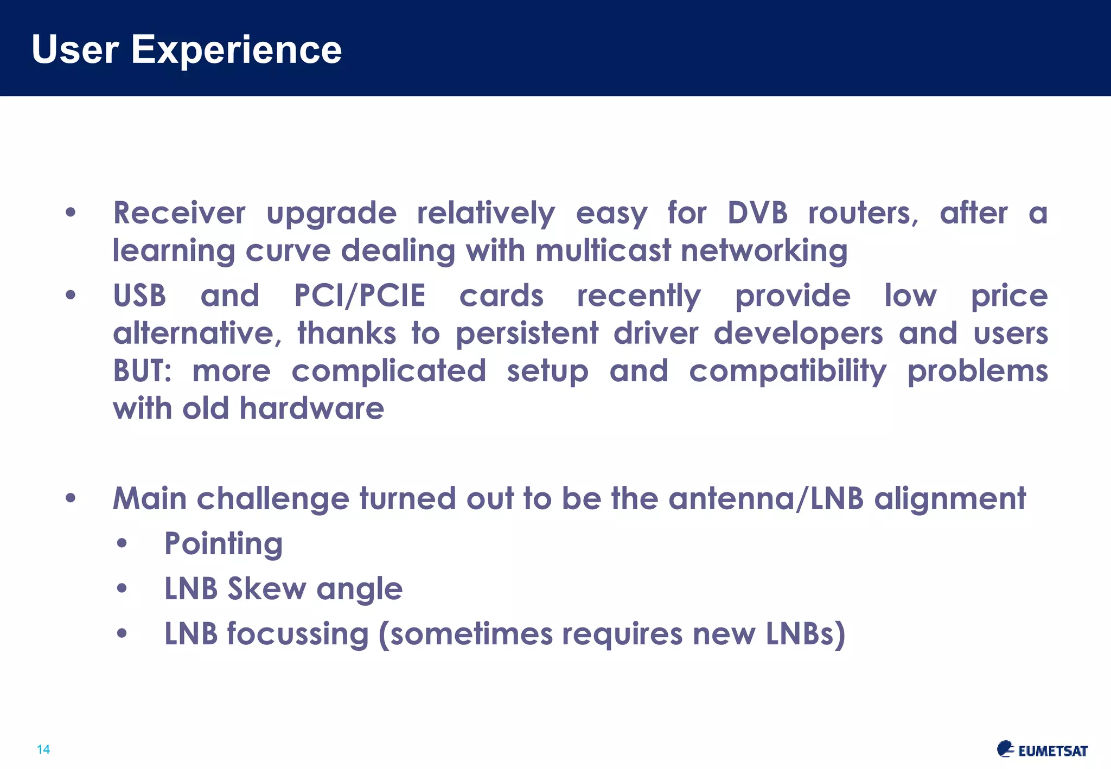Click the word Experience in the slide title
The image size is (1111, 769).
coord(237,50)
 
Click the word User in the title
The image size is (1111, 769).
coord(75,50)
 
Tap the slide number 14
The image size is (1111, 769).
coord(43,749)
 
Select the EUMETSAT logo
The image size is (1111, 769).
coord(1042,749)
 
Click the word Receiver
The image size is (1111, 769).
coord(179,213)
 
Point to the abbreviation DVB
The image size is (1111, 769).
coord(757,213)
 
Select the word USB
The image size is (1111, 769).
coord(139,296)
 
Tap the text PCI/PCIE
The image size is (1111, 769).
coord(360,296)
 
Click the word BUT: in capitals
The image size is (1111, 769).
coord(142,371)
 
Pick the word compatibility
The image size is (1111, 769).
coord(788,371)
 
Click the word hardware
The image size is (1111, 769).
coord(312,408)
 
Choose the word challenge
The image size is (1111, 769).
coord(273,498)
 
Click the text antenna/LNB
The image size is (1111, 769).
coord(765,498)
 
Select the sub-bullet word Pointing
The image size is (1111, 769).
coord(224,544)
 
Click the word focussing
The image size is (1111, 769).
coord(298,634)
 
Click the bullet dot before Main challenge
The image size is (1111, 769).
coord(71,498)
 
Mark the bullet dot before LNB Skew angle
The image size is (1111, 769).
coord(122,588)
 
